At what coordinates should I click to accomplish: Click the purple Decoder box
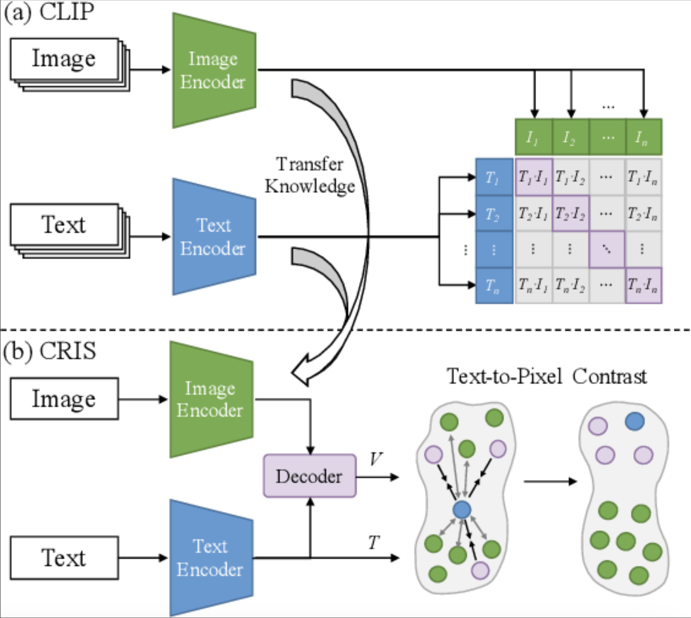tap(309, 476)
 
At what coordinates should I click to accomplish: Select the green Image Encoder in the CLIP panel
tap(214, 70)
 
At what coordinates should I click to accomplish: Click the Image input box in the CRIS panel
tap(64, 399)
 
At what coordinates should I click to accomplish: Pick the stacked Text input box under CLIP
tap(64, 225)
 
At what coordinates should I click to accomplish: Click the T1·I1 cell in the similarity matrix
tap(533, 177)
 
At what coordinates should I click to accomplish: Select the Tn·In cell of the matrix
tap(643, 285)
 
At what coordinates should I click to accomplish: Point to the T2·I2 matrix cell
tap(570, 214)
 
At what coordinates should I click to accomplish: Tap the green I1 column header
tap(533, 137)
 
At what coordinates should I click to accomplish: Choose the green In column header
tap(643, 137)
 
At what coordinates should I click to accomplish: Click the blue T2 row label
tap(494, 214)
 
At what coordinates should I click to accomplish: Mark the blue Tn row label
tap(494, 285)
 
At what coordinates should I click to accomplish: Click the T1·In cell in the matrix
tap(643, 177)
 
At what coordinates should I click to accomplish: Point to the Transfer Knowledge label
tap(310, 175)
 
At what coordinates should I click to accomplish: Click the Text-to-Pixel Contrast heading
tap(546, 377)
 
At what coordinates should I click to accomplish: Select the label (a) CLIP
tap(49, 11)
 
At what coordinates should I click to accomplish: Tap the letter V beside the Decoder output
tap(376, 459)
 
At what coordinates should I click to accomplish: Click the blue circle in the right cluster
tap(634, 421)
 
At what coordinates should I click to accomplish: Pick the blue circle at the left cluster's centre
tap(462, 510)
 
